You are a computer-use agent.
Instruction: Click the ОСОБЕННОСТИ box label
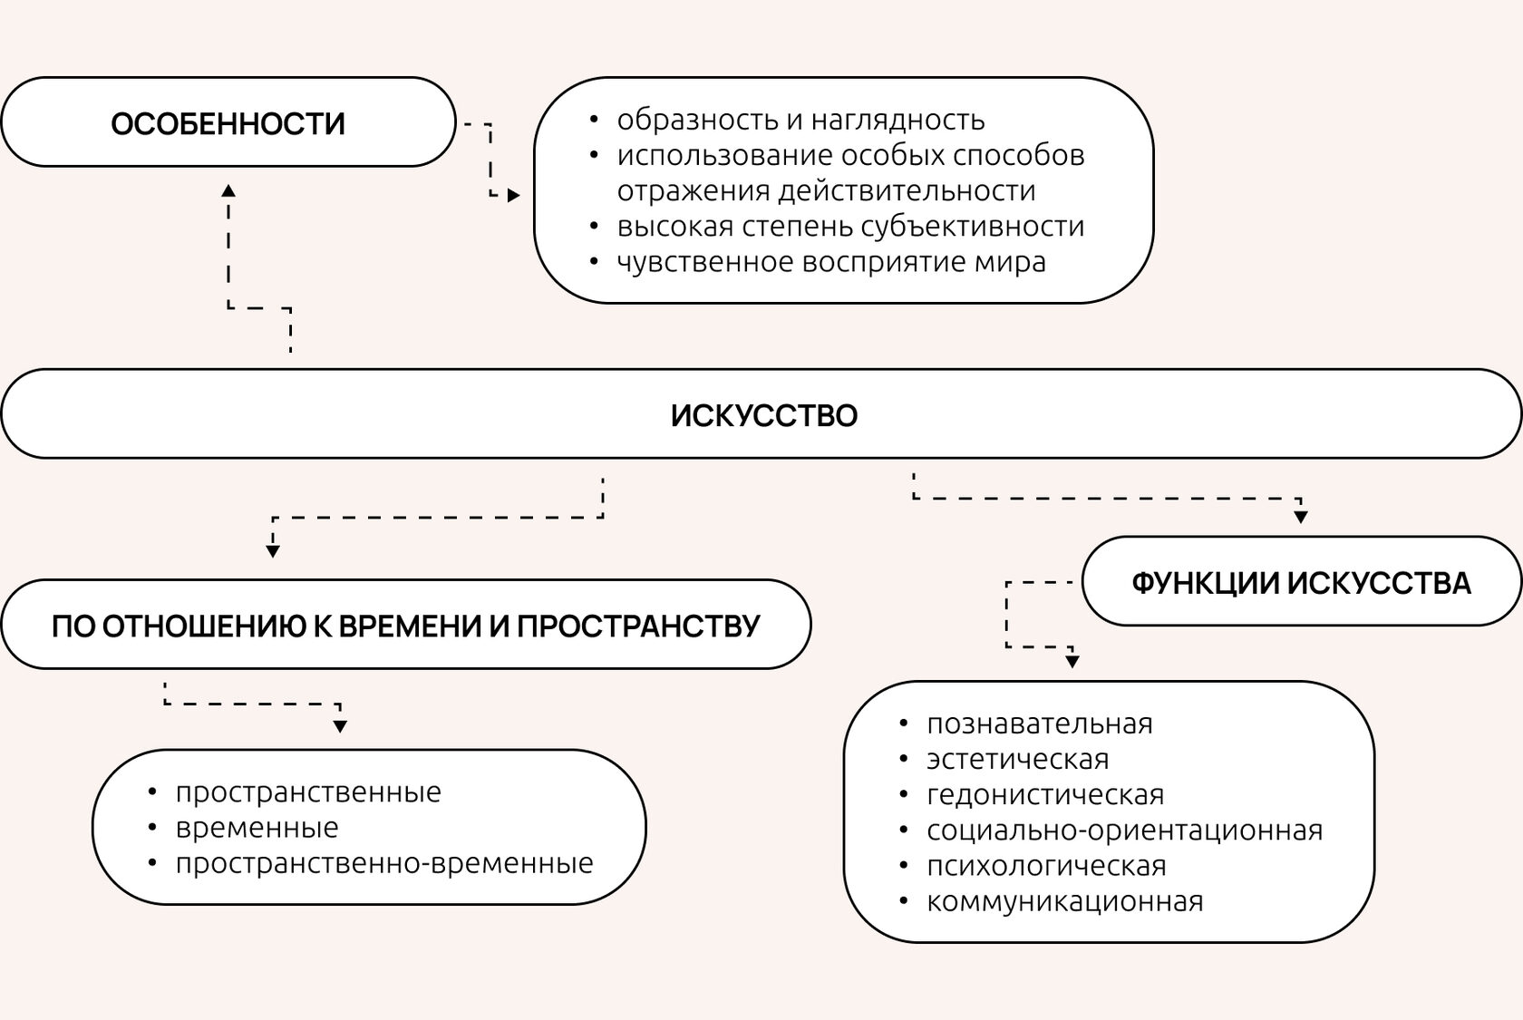tap(228, 123)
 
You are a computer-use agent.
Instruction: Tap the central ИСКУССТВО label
tap(763, 415)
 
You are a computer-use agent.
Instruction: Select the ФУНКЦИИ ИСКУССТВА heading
tap(1301, 582)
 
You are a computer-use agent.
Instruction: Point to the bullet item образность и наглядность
tap(800, 120)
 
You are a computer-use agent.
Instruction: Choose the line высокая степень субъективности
tap(850, 226)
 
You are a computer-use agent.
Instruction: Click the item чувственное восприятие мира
tap(831, 262)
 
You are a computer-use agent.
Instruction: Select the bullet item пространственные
tap(308, 792)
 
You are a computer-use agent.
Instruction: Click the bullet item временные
tap(257, 828)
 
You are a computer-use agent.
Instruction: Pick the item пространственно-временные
tap(384, 863)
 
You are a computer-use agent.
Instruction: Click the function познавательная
tap(1039, 724)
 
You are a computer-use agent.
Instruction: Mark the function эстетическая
tap(1017, 759)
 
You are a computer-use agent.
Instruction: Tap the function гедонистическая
tap(1044, 795)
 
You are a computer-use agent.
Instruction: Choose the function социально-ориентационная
tap(1124, 831)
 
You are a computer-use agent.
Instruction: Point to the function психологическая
tap(1046, 866)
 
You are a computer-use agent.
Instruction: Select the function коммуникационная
tap(1064, 902)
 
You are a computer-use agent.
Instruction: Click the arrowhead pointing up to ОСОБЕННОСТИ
tap(228, 190)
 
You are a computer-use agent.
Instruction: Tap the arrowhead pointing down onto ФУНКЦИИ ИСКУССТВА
tap(1301, 517)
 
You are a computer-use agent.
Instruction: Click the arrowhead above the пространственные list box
tap(340, 725)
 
